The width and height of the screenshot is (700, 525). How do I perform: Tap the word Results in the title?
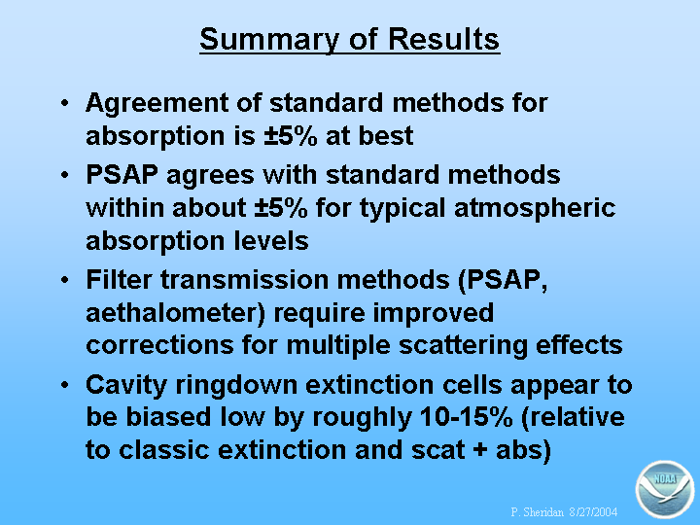[x=443, y=39]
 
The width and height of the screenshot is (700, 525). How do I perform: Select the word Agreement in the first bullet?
[x=157, y=104]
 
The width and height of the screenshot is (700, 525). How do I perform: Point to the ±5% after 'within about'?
[x=281, y=208]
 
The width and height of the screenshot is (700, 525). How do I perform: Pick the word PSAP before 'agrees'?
[x=122, y=174]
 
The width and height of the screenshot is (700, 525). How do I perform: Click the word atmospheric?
[x=535, y=208]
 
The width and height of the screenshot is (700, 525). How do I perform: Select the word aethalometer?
[x=175, y=313]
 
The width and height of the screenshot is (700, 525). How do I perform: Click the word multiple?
[x=338, y=346]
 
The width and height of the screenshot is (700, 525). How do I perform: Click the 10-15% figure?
[x=466, y=417]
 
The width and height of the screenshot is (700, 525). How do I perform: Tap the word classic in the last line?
[x=164, y=450]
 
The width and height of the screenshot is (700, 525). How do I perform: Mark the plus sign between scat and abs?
[x=480, y=450]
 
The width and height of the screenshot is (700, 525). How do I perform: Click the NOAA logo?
[x=665, y=489]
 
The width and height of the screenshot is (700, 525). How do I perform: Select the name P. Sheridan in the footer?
[x=538, y=511]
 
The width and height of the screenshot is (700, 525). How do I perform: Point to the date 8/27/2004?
[x=593, y=511]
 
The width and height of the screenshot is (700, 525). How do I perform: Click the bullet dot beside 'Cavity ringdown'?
[x=65, y=385]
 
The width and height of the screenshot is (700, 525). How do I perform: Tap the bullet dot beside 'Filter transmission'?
[x=65, y=280]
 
